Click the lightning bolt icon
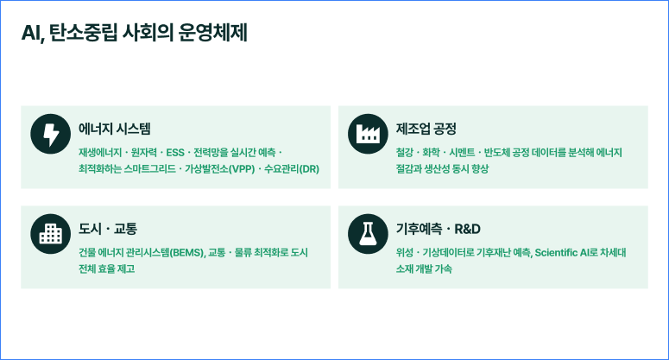point(51,134)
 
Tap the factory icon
point(368,134)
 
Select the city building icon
point(51,234)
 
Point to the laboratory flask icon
point(368,234)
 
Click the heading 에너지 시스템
point(114,129)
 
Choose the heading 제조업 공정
point(426,129)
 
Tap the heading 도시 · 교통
point(108,229)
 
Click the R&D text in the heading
point(467,229)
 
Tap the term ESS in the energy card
point(175,153)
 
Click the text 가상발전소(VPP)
point(219,169)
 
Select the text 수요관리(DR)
point(292,169)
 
